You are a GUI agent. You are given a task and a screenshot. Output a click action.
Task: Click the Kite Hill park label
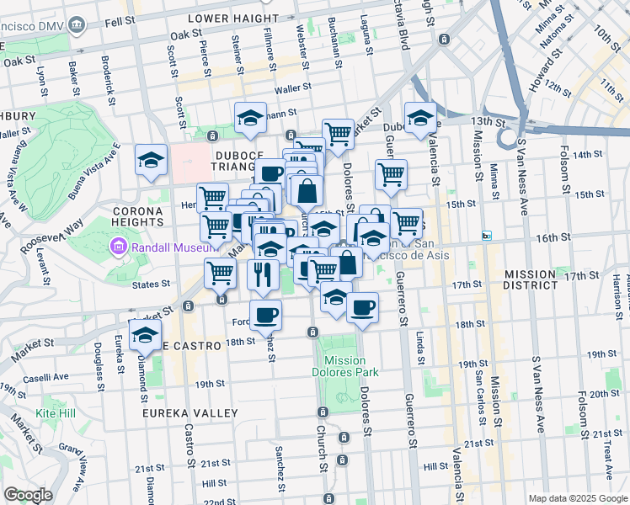pyautogui.click(x=56, y=413)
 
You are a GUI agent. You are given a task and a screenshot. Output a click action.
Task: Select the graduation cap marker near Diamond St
pyautogui.click(x=145, y=335)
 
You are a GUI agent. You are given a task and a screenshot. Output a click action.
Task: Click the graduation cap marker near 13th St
pyautogui.click(x=420, y=119)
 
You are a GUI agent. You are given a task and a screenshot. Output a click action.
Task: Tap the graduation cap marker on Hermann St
pyautogui.click(x=250, y=119)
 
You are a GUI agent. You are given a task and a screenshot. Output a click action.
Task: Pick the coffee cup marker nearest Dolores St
pyautogui.click(x=363, y=308)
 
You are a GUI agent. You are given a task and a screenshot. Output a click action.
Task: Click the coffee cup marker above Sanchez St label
pyautogui.click(x=265, y=316)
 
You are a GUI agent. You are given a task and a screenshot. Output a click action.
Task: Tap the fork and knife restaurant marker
pyautogui.click(x=264, y=274)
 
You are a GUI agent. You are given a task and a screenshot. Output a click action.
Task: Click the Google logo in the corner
pyautogui.click(x=29, y=494)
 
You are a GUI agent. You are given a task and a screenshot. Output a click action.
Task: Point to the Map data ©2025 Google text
pyautogui.click(x=577, y=498)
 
